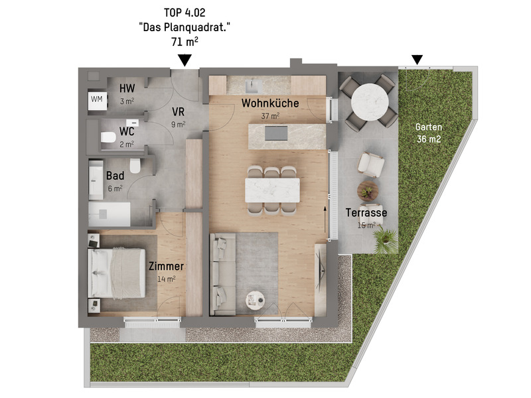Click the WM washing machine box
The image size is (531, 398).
pyautogui.click(x=98, y=100)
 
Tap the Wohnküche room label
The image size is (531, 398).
pyautogui.click(x=270, y=103)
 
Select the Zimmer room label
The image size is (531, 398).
pyautogui.click(x=167, y=266)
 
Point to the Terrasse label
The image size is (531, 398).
pyautogui.click(x=366, y=212)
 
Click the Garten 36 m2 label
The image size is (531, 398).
pyautogui.click(x=429, y=133)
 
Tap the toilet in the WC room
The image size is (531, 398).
pyautogui.click(x=108, y=137)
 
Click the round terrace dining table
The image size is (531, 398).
pyautogui.click(x=370, y=102)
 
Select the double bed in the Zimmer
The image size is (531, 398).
pyautogui.click(x=117, y=273)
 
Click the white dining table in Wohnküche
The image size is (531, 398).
pyautogui.click(x=272, y=190)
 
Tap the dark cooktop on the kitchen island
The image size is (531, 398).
pyautogui.click(x=276, y=133)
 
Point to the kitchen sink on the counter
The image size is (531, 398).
pyautogui.click(x=254, y=86)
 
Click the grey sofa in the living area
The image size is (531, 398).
pyautogui.click(x=222, y=274)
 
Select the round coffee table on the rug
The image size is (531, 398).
pyautogui.click(x=255, y=300)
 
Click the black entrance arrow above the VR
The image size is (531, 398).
pyautogui.click(x=185, y=60)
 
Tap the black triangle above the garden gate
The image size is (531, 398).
pyautogui.click(x=417, y=60)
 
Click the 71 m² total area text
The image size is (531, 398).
pyautogui.click(x=185, y=42)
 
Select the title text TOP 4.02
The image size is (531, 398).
pyautogui.click(x=185, y=13)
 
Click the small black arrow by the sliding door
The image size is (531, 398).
pyautogui.click(x=325, y=220)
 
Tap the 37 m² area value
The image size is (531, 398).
pyautogui.click(x=270, y=115)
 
